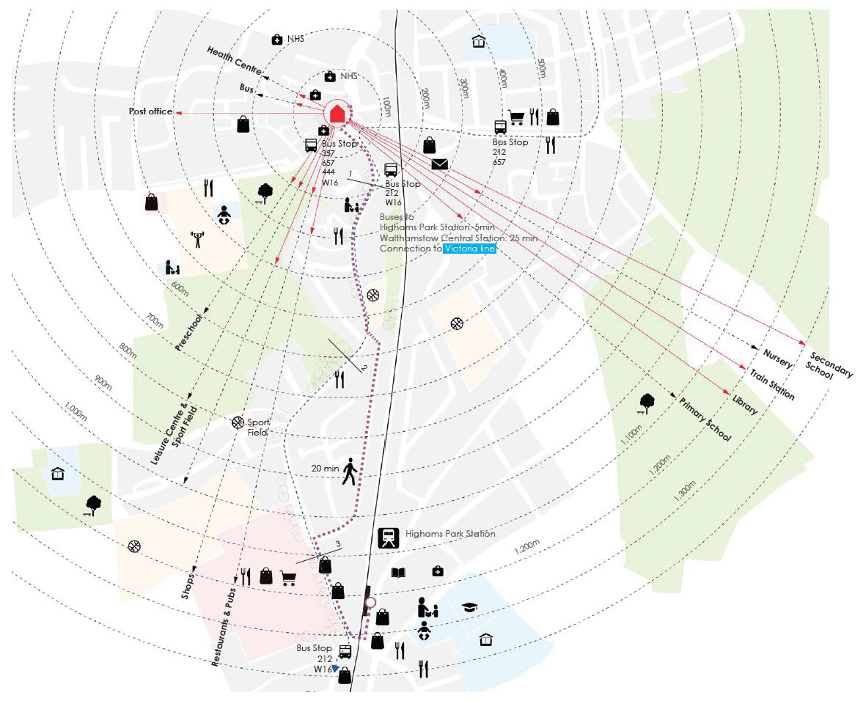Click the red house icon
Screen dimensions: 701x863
pos(337,114)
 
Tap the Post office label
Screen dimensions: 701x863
pos(150,111)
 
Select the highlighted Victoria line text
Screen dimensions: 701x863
pos(470,249)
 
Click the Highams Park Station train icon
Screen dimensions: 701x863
pos(388,538)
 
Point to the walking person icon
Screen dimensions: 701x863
pos(350,471)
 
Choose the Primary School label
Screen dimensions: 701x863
pos(705,419)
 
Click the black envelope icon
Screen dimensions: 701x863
pos(439,164)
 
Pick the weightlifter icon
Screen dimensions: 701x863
pos(197,238)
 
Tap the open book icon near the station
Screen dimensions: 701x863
pos(398,573)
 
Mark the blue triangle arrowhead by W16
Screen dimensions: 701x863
pos(335,669)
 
